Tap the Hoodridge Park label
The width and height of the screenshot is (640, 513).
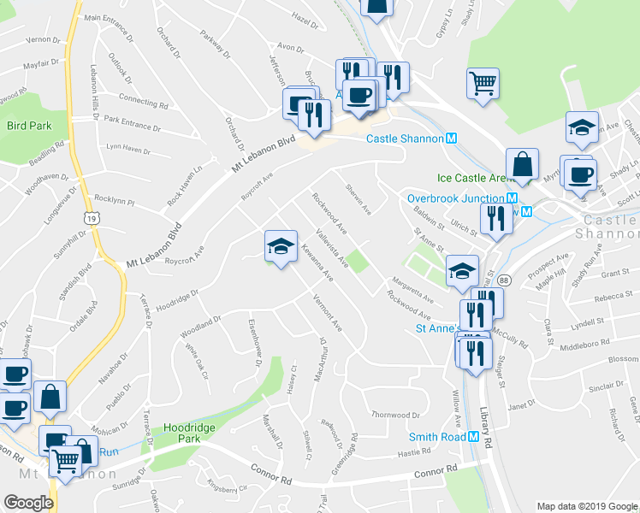[175, 432]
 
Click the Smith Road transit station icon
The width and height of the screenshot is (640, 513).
[473, 437]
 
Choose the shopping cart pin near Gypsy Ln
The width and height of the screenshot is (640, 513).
[483, 83]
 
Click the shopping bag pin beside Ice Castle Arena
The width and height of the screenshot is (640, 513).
[521, 163]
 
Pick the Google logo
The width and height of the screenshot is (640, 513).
[28, 503]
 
